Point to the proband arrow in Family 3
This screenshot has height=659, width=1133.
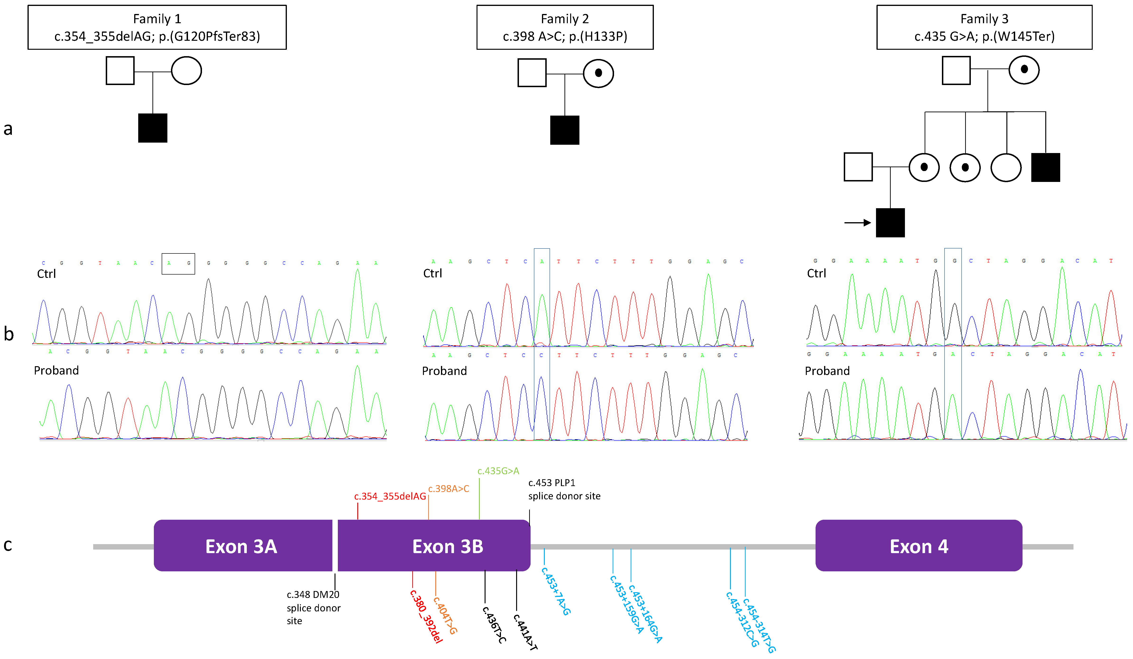(x=857, y=222)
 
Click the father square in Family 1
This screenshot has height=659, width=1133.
(x=120, y=71)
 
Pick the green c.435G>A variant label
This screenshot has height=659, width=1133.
(x=498, y=471)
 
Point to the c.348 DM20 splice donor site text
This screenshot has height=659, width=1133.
(x=313, y=607)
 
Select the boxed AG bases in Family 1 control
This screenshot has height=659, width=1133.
(x=178, y=264)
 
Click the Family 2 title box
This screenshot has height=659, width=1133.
(x=565, y=27)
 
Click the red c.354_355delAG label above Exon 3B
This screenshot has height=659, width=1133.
(x=390, y=496)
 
